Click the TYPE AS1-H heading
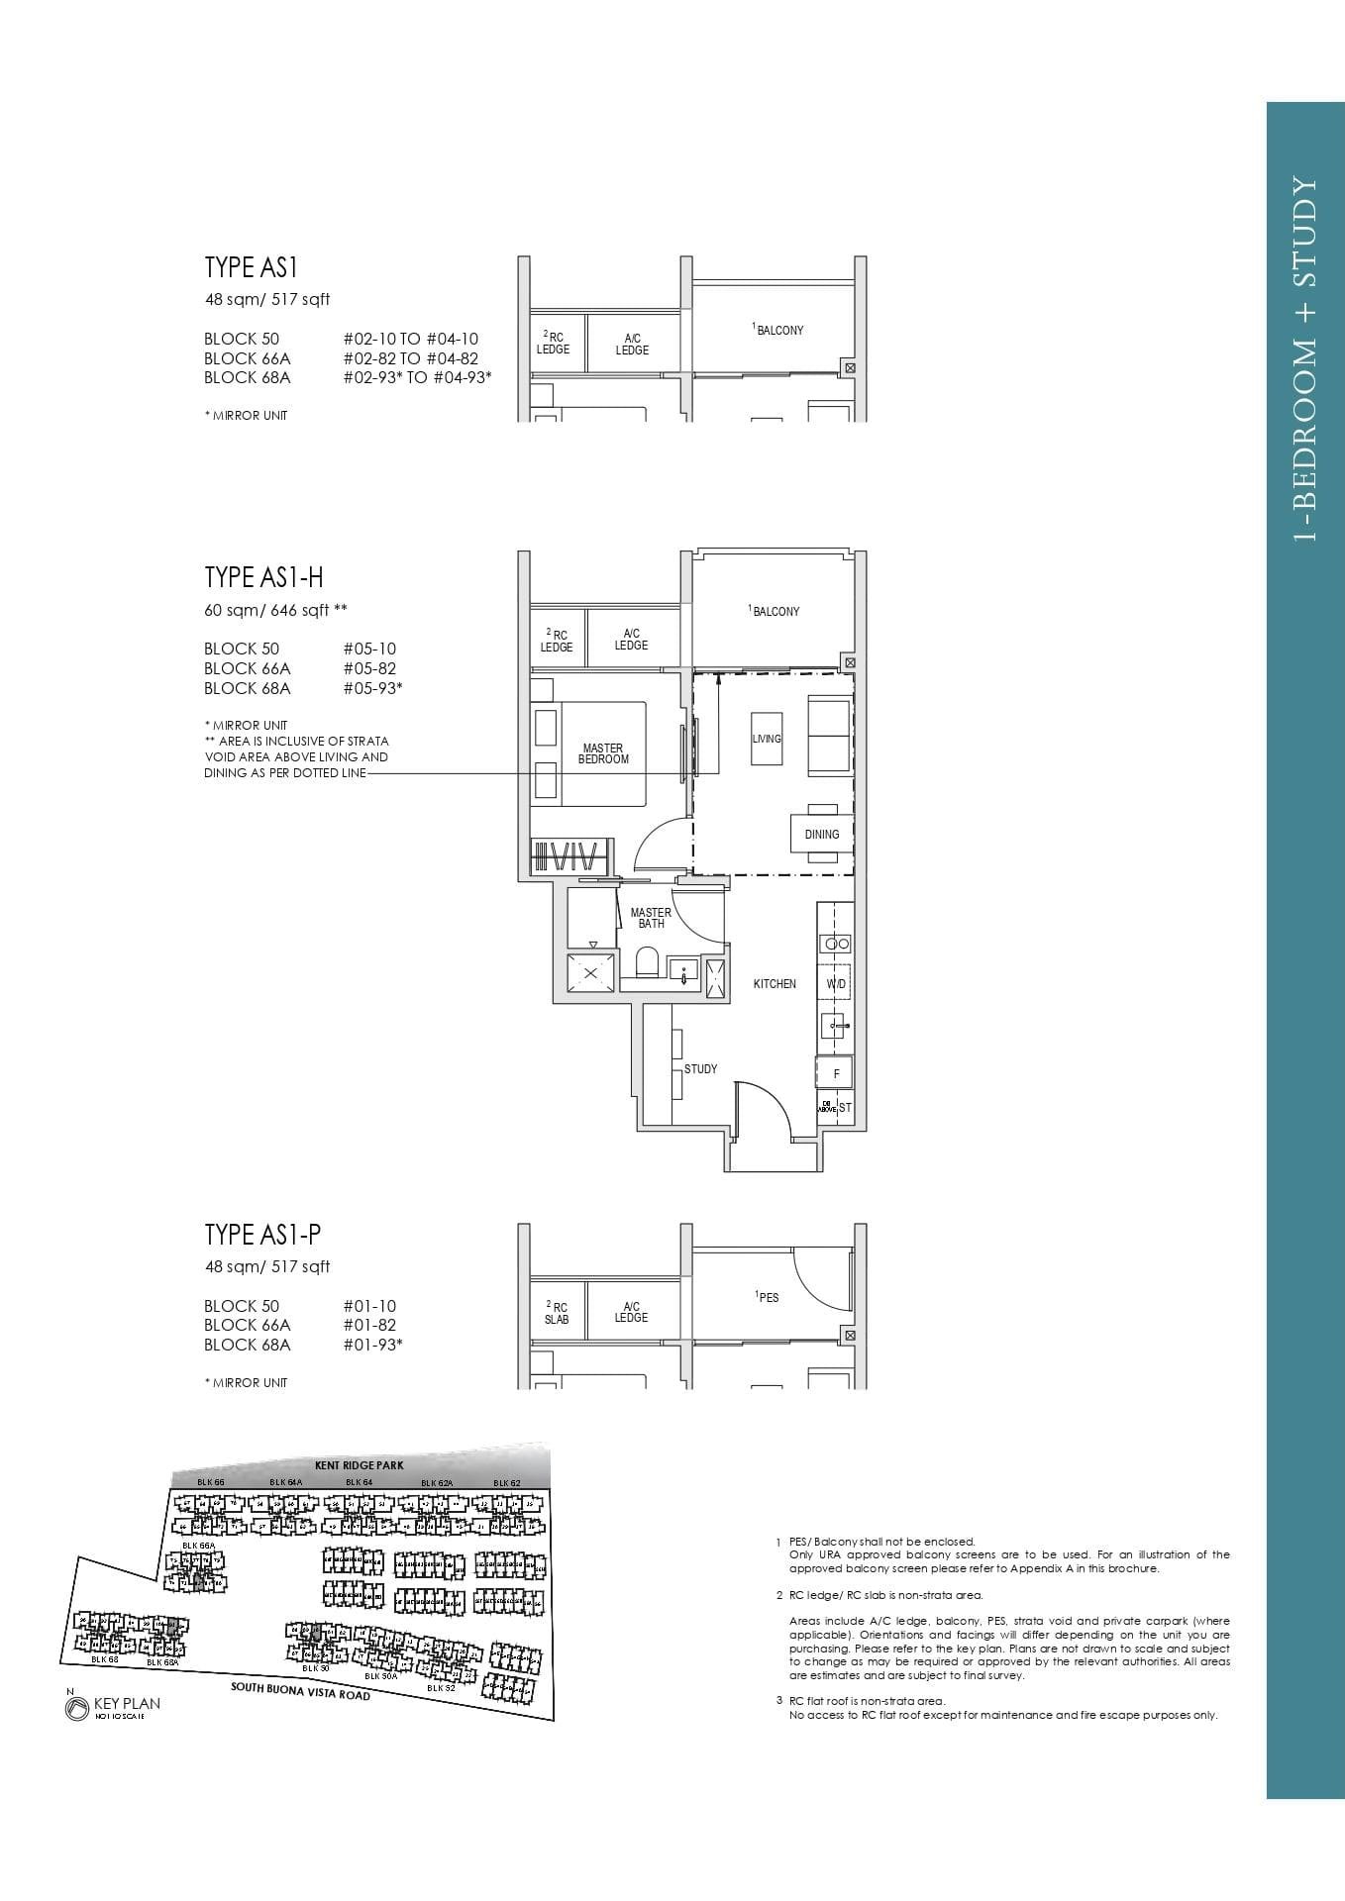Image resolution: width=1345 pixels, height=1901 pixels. click(x=263, y=577)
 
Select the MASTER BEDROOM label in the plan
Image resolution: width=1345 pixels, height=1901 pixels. click(x=603, y=753)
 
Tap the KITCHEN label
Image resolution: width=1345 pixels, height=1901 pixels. click(x=775, y=984)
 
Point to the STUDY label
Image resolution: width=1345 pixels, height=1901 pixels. click(x=700, y=1069)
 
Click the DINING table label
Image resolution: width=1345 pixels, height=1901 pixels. click(x=821, y=835)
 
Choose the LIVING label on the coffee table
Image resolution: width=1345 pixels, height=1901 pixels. click(x=767, y=739)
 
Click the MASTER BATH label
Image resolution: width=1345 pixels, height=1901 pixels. click(x=651, y=918)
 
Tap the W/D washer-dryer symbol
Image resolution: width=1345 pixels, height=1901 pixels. click(x=836, y=984)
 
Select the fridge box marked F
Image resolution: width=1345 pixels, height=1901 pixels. click(x=836, y=1073)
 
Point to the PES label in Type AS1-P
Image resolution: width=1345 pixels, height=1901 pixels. click(x=768, y=1297)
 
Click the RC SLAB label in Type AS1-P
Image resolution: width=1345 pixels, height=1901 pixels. click(x=557, y=1313)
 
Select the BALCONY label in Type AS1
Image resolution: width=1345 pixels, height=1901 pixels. click(x=778, y=330)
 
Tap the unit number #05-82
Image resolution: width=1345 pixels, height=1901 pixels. click(x=369, y=668)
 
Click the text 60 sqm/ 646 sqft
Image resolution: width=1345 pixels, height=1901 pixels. click(x=275, y=610)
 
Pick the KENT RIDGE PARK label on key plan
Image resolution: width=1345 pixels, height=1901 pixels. click(x=359, y=1465)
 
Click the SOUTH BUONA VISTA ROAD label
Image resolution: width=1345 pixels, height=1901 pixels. click(x=300, y=1690)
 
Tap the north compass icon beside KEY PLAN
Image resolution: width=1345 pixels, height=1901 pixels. click(x=76, y=1708)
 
